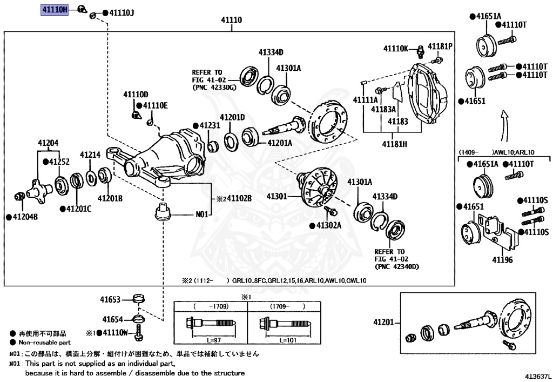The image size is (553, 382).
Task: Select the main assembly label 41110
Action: (x=231, y=20)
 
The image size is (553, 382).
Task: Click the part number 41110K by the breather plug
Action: (x=396, y=49)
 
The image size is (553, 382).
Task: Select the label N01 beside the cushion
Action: (x=201, y=215)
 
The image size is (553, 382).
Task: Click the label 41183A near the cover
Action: (x=383, y=109)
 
